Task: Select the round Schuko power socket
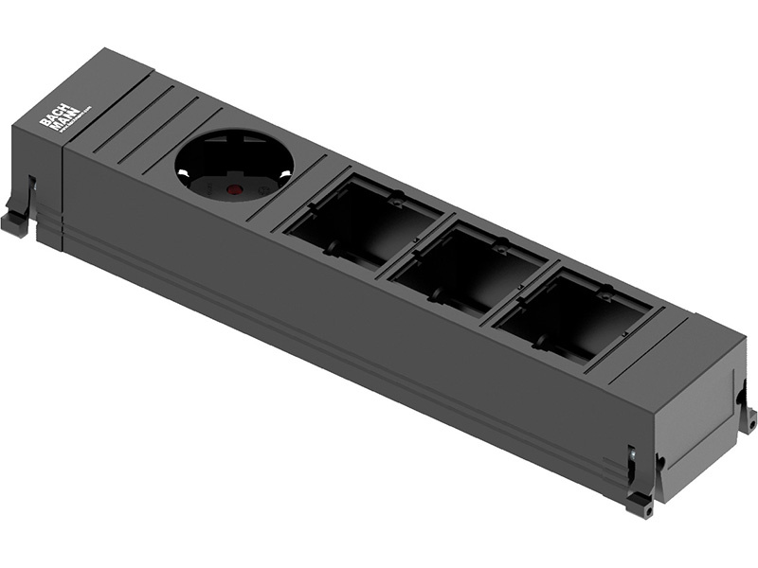click(234, 166)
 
